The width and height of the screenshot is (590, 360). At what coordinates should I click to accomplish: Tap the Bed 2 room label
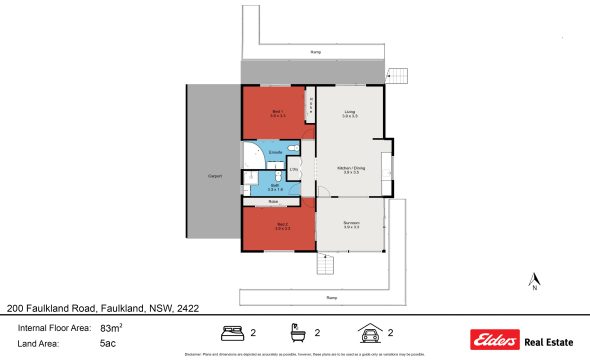[282, 225]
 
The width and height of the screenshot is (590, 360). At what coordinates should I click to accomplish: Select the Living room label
[350, 112]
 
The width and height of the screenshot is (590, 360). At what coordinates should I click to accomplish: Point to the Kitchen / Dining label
[351, 169]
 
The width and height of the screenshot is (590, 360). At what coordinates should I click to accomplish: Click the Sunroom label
[351, 223]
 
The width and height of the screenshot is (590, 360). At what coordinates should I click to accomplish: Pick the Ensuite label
[260, 152]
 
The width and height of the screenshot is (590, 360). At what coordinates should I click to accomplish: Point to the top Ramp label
[316, 52]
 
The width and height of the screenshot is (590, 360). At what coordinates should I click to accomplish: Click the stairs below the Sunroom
[325, 265]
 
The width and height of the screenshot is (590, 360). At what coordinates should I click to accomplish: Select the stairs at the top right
[398, 75]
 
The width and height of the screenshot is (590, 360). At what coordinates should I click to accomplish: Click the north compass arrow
[536, 280]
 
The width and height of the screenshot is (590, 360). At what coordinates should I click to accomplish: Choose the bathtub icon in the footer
[297, 332]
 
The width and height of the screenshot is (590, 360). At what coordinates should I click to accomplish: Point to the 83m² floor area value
[110, 327]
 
